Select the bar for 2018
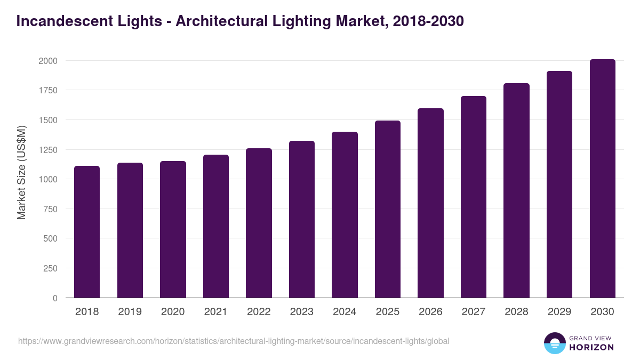click(x=87, y=232)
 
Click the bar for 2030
click(x=602, y=179)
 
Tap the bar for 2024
click(x=345, y=215)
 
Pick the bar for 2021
click(x=215, y=226)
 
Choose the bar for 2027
click(x=474, y=197)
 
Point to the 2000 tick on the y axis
click(x=47, y=61)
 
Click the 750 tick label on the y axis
click(x=50, y=209)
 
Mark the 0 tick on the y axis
click(x=55, y=298)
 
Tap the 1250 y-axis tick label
click(x=47, y=150)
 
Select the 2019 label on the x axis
click(x=130, y=312)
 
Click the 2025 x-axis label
click(x=387, y=312)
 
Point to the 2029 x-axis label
click(x=559, y=312)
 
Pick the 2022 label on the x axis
click(x=259, y=312)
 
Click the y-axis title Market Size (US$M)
click(x=21, y=173)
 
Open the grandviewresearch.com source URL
click(x=234, y=341)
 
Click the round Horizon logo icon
click(x=555, y=343)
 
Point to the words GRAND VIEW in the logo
click(x=591, y=338)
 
